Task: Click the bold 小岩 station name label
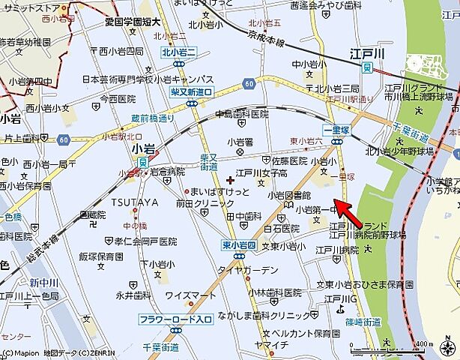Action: tap(142, 149)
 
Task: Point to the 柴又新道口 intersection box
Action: tap(193, 91)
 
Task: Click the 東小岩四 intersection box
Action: tap(239, 244)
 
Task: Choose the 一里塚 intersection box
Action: tap(338, 129)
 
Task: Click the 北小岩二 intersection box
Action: tap(178, 52)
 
